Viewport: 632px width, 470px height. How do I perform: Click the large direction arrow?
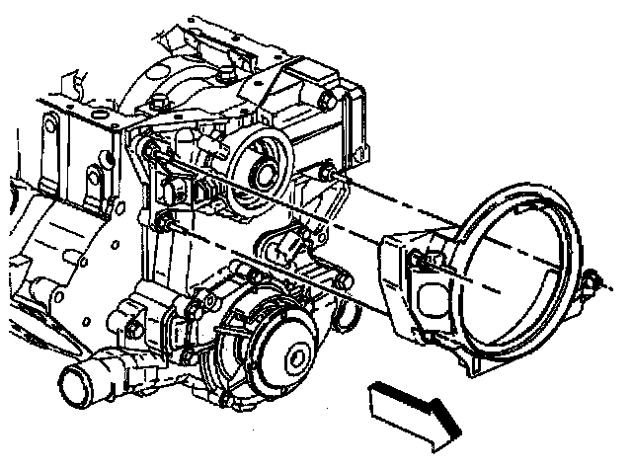(x=411, y=405)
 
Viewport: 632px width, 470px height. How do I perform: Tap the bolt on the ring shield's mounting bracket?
(x=420, y=260)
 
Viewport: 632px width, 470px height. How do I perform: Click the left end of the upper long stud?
(x=151, y=150)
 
